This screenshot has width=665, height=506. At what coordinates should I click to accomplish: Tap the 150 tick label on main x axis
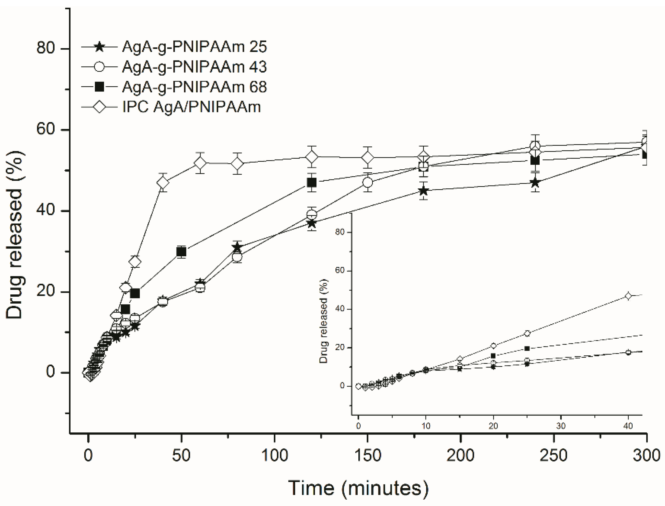pos(368,455)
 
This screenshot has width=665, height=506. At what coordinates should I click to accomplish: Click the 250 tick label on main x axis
pos(554,455)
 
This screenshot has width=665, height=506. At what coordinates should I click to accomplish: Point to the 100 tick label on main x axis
pos(274,455)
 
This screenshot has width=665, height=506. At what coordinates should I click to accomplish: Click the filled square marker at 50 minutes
pos(181,252)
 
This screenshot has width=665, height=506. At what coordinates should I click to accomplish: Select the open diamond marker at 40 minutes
pos(163,182)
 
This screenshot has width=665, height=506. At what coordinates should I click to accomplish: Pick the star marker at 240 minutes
pos(535,182)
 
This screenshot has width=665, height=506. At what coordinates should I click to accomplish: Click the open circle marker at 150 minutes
pos(368,182)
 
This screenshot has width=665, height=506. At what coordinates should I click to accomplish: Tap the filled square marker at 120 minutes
pos(312,182)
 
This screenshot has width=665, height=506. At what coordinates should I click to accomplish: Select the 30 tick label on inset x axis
pos(561,426)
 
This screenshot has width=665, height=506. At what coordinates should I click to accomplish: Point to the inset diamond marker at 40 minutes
pos(628,296)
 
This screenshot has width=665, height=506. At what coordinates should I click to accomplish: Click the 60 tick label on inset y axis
pos(340,270)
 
